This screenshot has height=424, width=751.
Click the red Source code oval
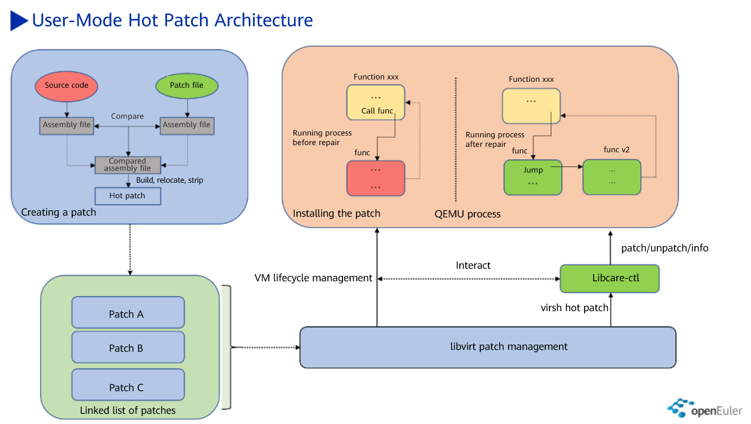[x=66, y=85]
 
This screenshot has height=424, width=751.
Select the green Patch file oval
[x=187, y=85]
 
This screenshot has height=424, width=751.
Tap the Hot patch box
[x=127, y=196]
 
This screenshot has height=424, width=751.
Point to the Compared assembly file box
[x=127, y=165]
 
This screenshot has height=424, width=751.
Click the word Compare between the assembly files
[x=127, y=116]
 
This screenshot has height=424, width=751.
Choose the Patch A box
[x=128, y=314]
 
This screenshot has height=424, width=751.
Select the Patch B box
[x=128, y=348]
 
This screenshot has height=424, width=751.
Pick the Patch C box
[x=128, y=387]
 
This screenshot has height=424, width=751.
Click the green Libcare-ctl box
[x=610, y=278]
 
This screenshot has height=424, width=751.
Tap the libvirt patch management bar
[x=487, y=346]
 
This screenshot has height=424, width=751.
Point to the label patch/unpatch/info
[x=665, y=247]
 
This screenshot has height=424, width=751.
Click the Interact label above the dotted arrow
[x=473, y=265]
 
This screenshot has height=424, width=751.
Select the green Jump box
[x=533, y=177]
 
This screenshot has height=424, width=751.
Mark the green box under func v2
[x=611, y=177]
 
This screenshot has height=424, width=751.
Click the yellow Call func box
[x=376, y=102]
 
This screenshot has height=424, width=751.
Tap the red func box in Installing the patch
[x=376, y=178]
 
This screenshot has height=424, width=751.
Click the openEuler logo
[x=704, y=409]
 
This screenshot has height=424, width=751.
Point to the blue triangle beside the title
[x=19, y=21]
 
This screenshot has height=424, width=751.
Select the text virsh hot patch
[x=574, y=308]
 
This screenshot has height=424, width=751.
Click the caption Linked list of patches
[x=128, y=410]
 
